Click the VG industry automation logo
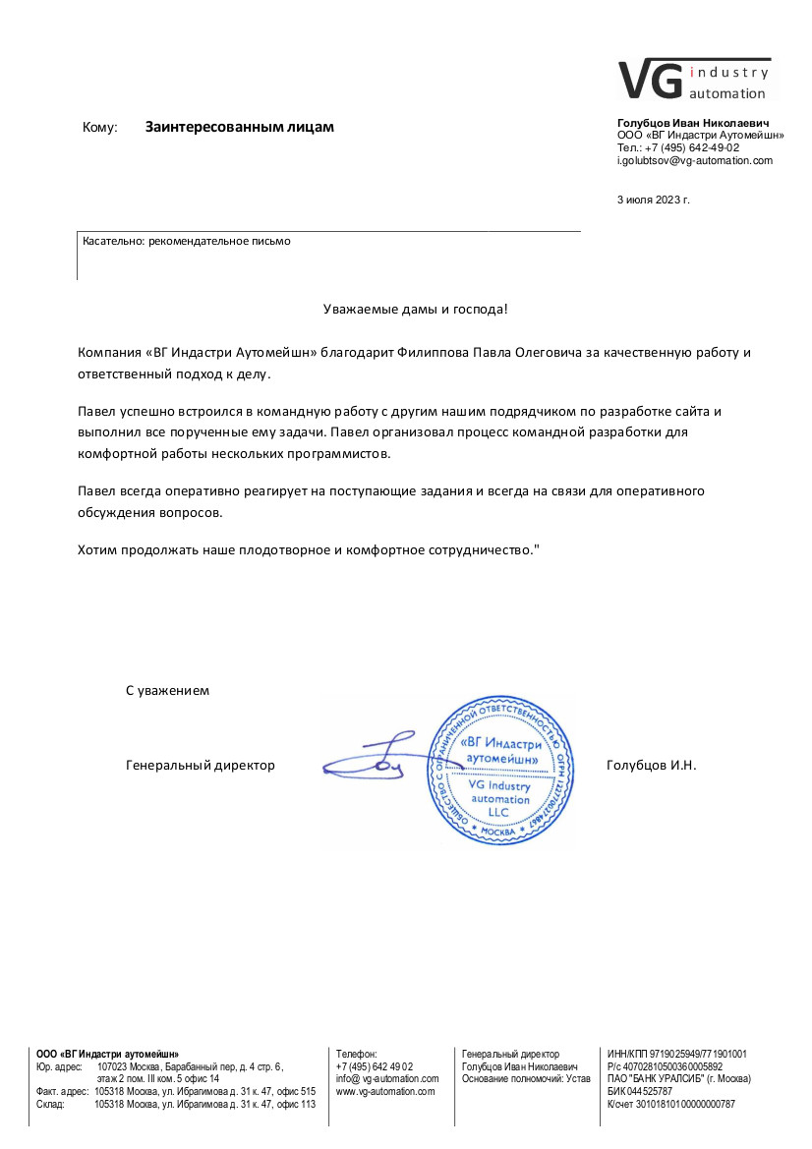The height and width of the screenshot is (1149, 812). tap(694, 79)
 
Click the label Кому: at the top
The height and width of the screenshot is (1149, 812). tap(100, 128)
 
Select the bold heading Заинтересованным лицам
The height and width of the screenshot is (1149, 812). tap(240, 127)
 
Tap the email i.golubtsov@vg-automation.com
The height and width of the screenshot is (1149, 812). tap(694, 160)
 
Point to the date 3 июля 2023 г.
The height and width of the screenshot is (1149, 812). tap(654, 200)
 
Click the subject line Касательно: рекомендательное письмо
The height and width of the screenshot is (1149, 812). tap(187, 240)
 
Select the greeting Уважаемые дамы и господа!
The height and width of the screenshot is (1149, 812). tap(416, 310)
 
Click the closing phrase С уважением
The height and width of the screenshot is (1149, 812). tap(167, 690)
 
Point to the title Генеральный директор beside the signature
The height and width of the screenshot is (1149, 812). tap(201, 765)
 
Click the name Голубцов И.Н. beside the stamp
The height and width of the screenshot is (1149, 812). tap(652, 765)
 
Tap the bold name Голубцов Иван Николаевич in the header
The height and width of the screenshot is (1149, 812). tap(693, 122)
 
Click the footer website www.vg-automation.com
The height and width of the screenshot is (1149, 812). tap(385, 1091)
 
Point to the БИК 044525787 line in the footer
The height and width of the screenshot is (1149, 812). tap(640, 1091)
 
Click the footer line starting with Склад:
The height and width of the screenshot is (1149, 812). tap(176, 1104)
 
